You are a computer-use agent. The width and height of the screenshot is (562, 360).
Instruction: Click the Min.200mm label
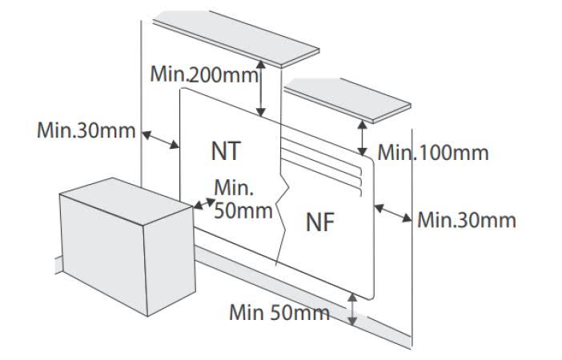click(x=203, y=74)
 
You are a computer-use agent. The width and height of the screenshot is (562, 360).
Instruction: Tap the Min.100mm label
click(x=432, y=151)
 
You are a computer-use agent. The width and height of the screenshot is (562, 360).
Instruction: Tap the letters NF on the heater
click(x=319, y=224)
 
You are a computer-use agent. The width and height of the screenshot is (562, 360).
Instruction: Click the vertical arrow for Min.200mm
click(x=260, y=89)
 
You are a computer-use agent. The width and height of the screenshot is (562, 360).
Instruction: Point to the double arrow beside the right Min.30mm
click(x=393, y=213)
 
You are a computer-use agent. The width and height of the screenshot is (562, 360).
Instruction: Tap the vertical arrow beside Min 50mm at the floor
click(x=352, y=310)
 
